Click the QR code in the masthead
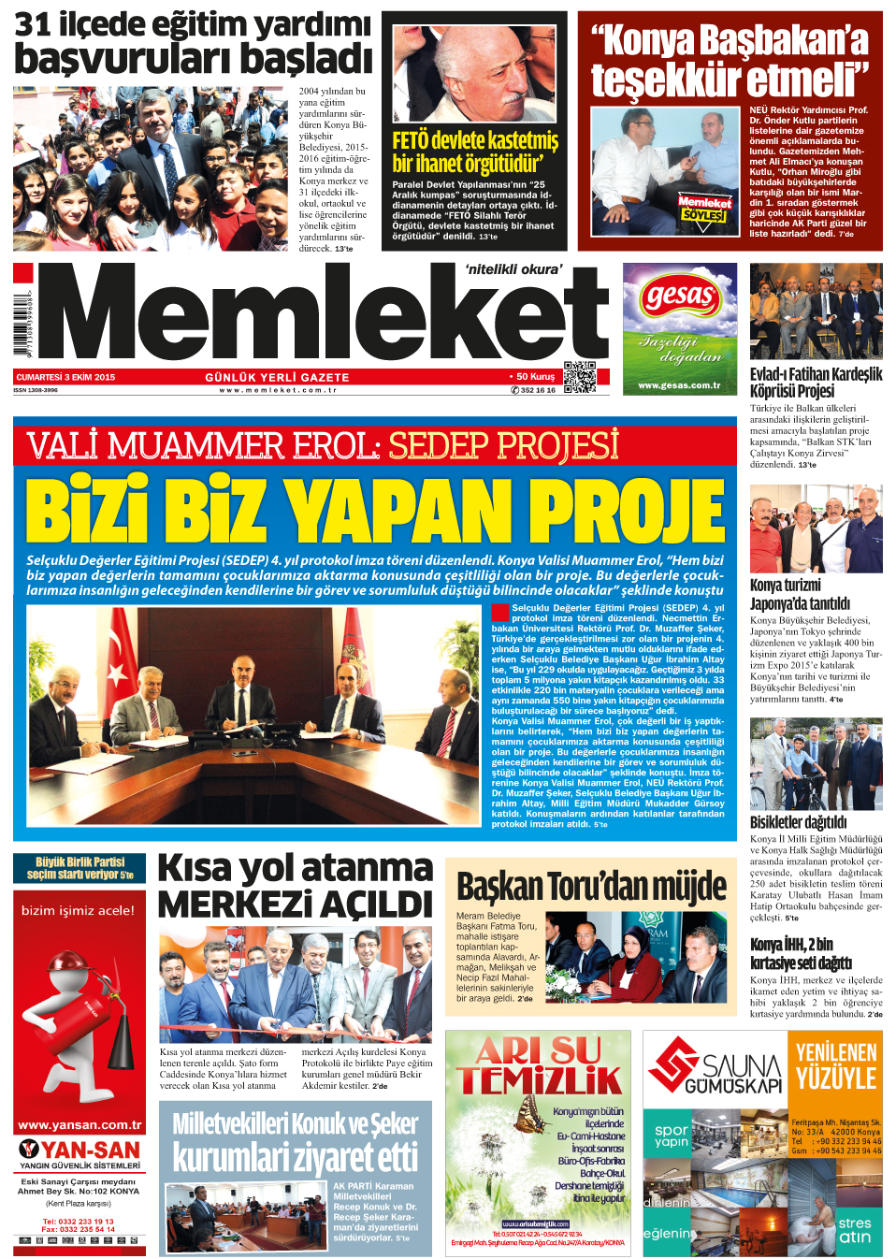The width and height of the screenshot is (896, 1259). (580, 377)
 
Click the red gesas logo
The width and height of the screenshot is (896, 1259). (680, 297)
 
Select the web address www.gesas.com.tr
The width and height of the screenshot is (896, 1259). (679, 385)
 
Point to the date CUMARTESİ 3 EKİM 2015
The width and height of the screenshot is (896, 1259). (65, 377)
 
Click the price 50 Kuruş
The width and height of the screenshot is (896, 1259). (534, 377)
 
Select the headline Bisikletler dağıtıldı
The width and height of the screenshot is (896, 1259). (798, 822)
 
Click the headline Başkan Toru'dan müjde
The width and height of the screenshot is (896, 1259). (591, 885)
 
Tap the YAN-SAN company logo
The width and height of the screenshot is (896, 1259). (79, 1150)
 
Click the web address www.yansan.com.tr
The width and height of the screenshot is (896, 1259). (79, 1125)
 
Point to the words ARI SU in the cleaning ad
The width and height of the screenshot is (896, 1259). (538, 1051)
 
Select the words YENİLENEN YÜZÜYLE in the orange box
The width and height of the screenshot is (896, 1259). (836, 1066)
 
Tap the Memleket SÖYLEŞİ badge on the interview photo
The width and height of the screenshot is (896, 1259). (704, 209)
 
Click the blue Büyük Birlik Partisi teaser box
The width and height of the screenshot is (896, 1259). (79, 868)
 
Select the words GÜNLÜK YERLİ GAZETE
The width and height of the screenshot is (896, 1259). (277, 377)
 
